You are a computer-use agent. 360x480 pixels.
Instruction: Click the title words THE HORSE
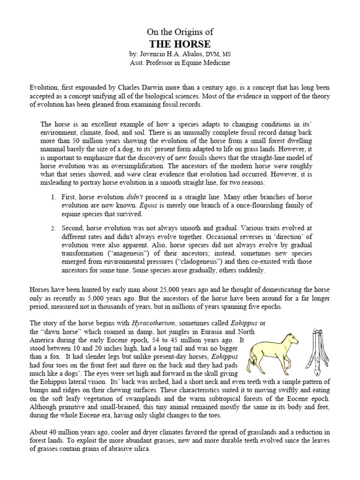click(x=180, y=44)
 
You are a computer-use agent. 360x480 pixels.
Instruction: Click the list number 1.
click(x=54, y=197)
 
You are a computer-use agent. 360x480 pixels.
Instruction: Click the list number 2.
click(x=54, y=228)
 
